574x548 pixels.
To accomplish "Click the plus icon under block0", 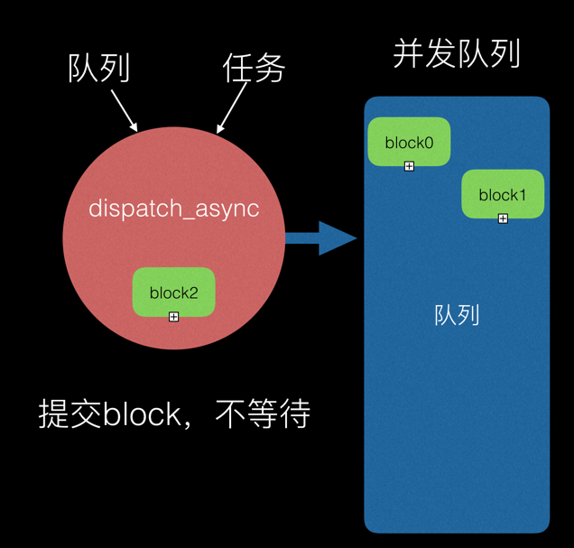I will coord(409,166).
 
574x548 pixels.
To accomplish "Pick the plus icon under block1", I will coord(503,218).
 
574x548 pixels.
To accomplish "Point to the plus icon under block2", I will coord(173,317).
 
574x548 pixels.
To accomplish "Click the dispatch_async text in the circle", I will coord(173,209).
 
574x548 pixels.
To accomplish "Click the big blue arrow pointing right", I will coord(320,238).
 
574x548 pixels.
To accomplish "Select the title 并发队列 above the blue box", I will coord(457,55).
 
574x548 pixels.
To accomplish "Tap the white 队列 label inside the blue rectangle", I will coord(457,315).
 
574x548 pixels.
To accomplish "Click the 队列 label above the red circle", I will coord(99,69).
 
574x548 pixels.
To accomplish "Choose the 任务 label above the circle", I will coord(254,69).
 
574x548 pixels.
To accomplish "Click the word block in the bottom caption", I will coord(144,414).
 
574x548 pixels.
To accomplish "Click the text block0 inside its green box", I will coord(409,142).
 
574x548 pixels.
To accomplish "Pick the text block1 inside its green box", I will coord(503,195).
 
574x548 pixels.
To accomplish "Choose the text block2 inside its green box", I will coord(173,293).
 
